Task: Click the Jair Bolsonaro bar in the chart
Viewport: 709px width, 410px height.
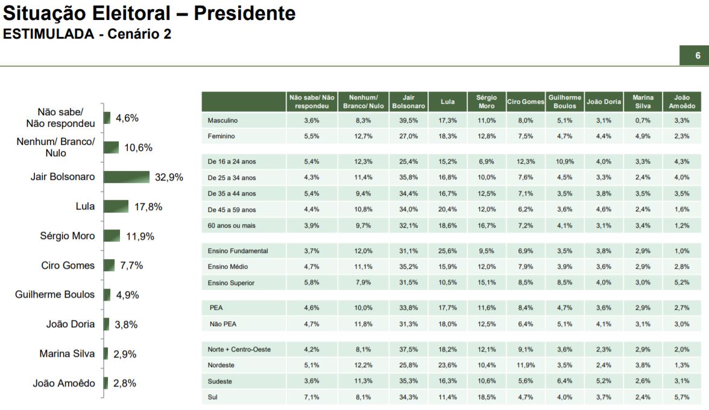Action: click(x=126, y=177)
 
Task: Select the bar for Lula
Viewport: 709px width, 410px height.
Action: click(x=116, y=207)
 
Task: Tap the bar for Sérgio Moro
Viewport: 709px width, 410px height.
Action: click(x=112, y=235)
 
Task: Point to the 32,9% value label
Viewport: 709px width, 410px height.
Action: click(x=168, y=178)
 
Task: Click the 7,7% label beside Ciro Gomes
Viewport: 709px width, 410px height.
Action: click(x=131, y=265)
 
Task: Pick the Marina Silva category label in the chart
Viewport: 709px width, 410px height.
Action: click(x=67, y=354)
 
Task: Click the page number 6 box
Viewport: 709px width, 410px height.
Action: click(x=698, y=56)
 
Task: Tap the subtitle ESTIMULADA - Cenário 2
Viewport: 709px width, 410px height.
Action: click(x=87, y=34)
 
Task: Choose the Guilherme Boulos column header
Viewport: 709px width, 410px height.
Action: click(x=565, y=101)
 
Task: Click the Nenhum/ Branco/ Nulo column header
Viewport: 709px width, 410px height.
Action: click(x=363, y=101)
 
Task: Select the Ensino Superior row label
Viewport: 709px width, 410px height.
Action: click(x=231, y=283)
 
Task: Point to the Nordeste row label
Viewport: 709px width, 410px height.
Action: click(x=221, y=365)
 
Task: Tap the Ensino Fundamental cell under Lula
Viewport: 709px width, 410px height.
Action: click(x=447, y=251)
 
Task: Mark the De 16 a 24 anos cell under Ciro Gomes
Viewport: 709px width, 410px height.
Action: click(x=525, y=162)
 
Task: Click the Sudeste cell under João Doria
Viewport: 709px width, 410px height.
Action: click(x=603, y=381)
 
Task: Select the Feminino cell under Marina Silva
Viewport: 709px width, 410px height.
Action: click(x=643, y=136)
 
